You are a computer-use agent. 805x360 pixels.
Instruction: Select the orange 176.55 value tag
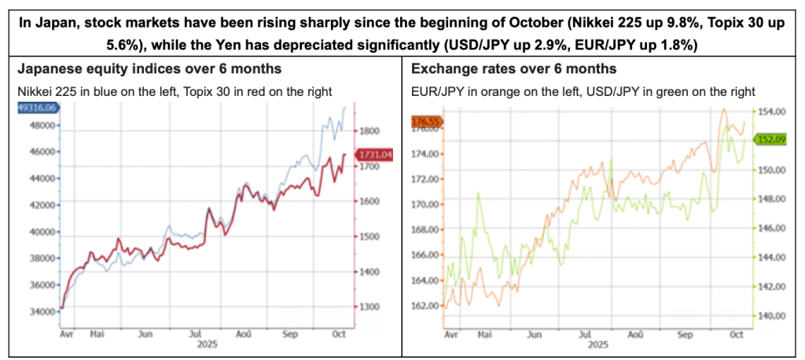tap(428, 122)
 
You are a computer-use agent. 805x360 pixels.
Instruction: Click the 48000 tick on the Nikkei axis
tap(42, 125)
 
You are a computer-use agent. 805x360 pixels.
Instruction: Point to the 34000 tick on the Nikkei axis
tap(42, 311)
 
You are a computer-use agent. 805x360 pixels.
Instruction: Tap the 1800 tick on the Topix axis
tap(370, 130)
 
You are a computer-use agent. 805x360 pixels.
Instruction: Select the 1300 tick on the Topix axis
tap(370, 307)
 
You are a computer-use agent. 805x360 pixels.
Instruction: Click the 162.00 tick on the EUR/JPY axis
tap(425, 305)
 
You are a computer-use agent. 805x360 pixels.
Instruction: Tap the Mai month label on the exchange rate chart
tap(485, 334)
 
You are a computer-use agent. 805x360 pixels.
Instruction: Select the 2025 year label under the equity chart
tap(206, 344)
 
